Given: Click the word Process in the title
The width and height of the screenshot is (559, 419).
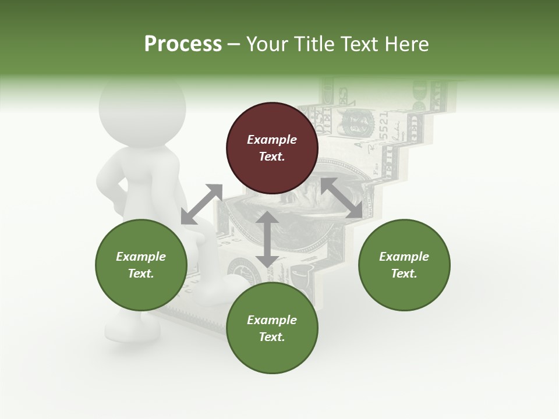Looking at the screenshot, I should [183, 44].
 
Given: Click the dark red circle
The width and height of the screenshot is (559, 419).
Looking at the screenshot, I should [272, 148].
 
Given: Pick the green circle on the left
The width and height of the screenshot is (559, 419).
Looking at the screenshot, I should [141, 265].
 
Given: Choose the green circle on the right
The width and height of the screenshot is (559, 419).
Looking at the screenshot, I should [404, 265].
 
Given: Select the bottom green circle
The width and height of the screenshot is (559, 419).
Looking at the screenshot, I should [272, 328].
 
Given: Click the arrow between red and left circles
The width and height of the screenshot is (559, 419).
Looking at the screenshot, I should [201, 204].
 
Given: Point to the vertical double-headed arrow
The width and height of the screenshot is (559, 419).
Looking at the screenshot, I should [267, 239].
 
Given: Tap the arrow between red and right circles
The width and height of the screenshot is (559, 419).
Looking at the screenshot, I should [341, 198].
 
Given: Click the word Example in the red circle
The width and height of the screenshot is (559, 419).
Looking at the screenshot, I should [272, 140].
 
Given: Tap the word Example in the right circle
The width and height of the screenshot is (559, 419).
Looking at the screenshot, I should [404, 257].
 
